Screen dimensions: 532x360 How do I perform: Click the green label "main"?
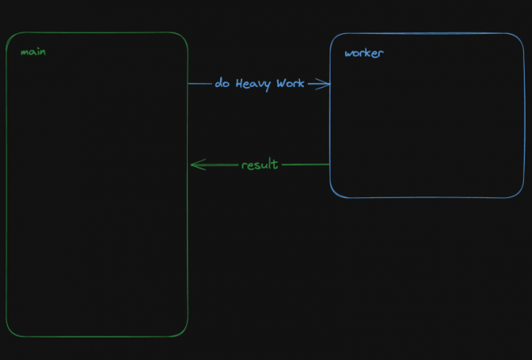pyautogui.click(x=33, y=52)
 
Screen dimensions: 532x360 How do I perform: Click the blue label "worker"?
pyautogui.click(x=364, y=53)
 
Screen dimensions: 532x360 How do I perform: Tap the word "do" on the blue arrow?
pyautogui.click(x=222, y=82)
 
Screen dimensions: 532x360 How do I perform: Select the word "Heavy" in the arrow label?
pyautogui.click(x=253, y=84)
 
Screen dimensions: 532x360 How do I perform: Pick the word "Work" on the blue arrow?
pyautogui.click(x=290, y=83)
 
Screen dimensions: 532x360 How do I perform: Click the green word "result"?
pyautogui.click(x=260, y=164)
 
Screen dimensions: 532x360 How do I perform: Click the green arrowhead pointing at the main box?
pyautogui.click(x=197, y=165)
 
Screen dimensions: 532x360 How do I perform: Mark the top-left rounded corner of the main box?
pyautogui.click(x=10, y=37)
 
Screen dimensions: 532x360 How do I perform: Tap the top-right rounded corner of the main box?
pyautogui.click(x=183, y=37)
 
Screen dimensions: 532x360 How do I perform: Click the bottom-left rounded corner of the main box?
pyautogui.click(x=10, y=332)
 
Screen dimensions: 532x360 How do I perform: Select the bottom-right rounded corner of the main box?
pyautogui.click(x=183, y=332)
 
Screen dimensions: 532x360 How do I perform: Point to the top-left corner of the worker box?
pyautogui.click(x=335, y=38)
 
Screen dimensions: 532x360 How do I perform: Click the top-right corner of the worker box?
pyautogui.click(x=519, y=38)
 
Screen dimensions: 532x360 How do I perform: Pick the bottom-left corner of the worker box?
pyautogui.click(x=335, y=192)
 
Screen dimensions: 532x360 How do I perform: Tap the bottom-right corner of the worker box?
pyautogui.click(x=519, y=192)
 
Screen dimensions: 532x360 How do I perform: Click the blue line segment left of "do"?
pyautogui.click(x=200, y=84)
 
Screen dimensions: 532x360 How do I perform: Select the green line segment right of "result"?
pyautogui.click(x=305, y=165)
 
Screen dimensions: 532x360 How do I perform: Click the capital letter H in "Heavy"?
pyautogui.click(x=239, y=83)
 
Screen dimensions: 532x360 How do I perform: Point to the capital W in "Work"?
pyautogui.click(x=281, y=83)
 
